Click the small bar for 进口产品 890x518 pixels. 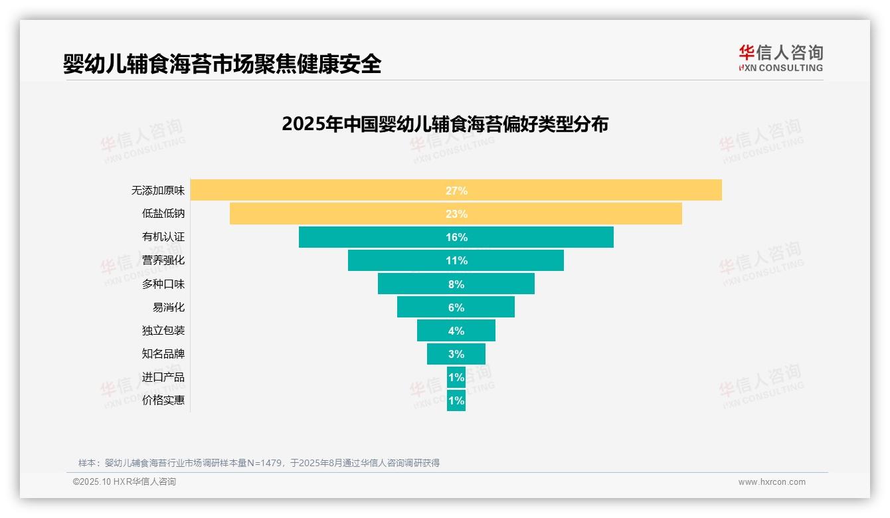point(456,377)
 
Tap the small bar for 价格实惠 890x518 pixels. point(456,401)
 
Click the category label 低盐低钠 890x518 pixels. point(163,214)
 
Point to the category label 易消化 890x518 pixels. point(169,307)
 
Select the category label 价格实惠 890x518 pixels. point(163,401)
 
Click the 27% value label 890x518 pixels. point(456,191)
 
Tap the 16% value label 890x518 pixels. point(456,237)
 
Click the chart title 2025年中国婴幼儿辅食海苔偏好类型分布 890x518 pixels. point(445,124)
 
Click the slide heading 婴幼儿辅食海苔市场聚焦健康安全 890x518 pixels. point(222,64)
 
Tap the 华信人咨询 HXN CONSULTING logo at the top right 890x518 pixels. point(780,58)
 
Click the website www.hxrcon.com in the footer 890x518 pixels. point(772,482)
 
